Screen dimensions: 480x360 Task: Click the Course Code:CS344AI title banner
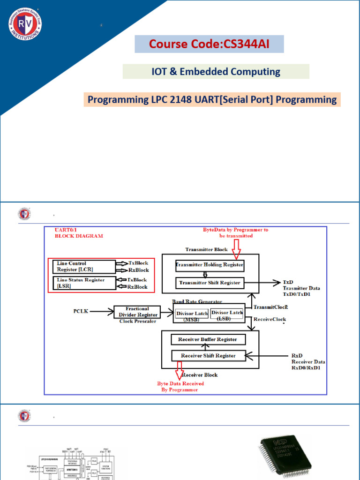click(209, 44)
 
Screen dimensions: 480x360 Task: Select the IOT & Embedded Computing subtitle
click(216, 72)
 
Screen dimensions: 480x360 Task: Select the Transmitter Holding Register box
click(210, 265)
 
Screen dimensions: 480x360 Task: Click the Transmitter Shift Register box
click(210, 283)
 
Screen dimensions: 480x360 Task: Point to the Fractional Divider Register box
click(137, 312)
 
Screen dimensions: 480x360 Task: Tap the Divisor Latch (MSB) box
click(191, 315)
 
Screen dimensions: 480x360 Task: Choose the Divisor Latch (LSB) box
click(227, 315)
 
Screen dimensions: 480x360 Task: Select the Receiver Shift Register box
click(208, 356)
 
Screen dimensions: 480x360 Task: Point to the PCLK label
click(81, 311)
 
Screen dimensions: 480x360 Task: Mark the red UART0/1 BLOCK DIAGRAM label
click(79, 233)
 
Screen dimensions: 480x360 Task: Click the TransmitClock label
click(270, 307)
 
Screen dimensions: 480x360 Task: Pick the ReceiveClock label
click(270, 319)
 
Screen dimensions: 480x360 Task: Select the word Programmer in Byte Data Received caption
click(183, 390)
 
